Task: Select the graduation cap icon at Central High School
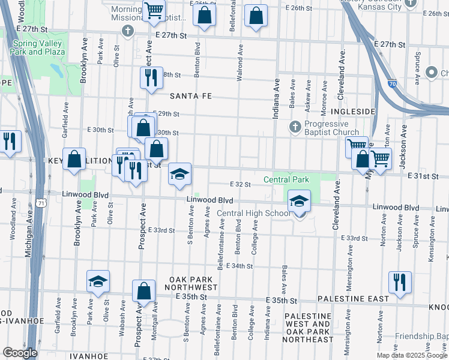click(x=298, y=202)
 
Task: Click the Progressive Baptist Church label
click(x=331, y=128)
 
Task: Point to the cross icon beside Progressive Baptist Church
click(x=295, y=127)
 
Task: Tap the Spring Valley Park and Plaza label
click(x=37, y=48)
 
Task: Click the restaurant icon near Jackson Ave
click(x=399, y=281)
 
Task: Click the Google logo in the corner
click(x=20, y=353)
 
